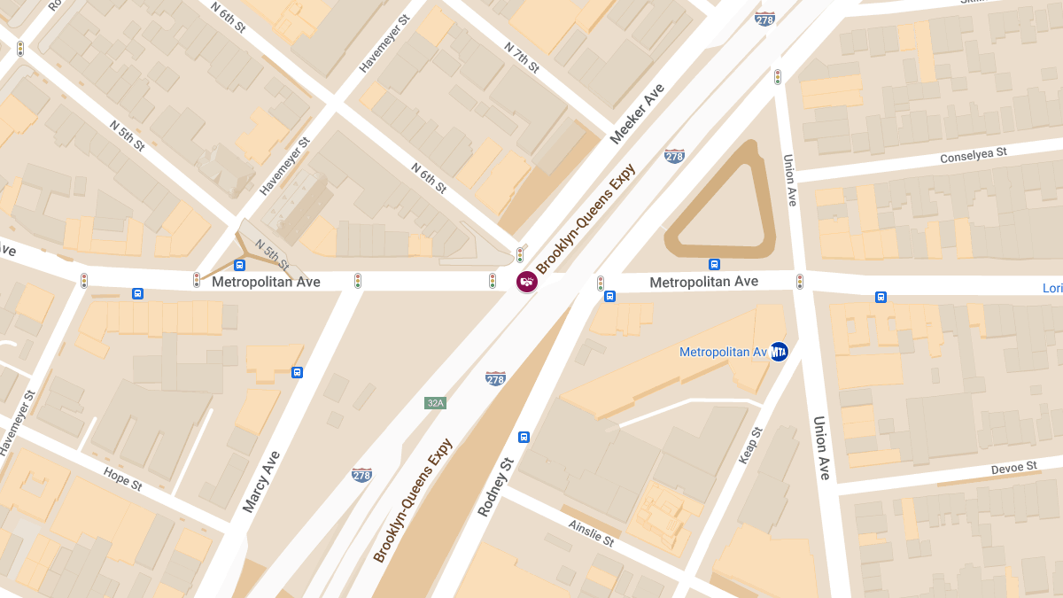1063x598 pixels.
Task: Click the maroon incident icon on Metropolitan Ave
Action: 527,282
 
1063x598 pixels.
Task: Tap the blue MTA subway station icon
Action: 779,352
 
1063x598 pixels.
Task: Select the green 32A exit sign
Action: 435,403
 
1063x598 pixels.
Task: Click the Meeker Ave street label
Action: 637,114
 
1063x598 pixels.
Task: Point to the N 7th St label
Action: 522,57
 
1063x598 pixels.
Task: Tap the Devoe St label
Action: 1013,467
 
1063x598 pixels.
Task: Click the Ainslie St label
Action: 592,533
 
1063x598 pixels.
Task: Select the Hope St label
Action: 122,478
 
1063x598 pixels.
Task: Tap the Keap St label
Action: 750,446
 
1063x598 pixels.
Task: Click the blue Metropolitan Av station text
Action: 723,352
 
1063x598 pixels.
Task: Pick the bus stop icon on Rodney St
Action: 524,437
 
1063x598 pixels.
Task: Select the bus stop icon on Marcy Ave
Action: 297,372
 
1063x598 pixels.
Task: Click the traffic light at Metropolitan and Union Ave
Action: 800,281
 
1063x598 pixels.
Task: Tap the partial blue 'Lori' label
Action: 1052,288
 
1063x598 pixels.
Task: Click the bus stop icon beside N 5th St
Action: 239,265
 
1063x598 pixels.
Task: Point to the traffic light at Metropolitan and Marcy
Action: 358,281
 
